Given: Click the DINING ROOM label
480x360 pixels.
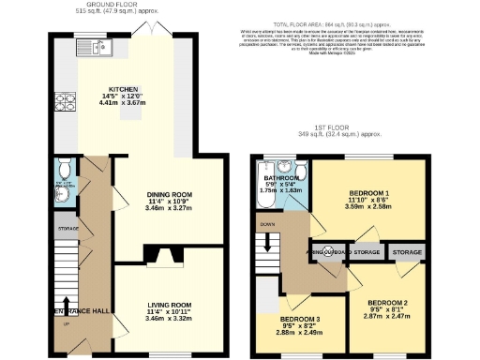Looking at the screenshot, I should [169, 195].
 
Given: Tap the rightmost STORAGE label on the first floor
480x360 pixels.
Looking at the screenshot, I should [407, 252].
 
